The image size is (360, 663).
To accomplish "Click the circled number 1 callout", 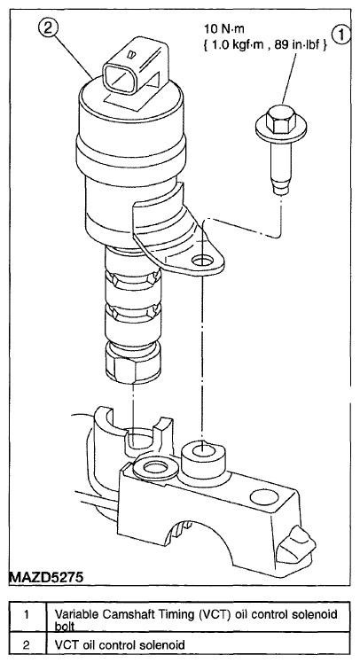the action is pos(340,35).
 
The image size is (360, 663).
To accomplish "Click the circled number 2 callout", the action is pos(49,29).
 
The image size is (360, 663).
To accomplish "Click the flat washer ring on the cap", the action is pos(150,467).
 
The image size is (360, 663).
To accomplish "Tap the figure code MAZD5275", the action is pos(46,577).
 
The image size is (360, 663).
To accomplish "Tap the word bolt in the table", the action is pos(65,625).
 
